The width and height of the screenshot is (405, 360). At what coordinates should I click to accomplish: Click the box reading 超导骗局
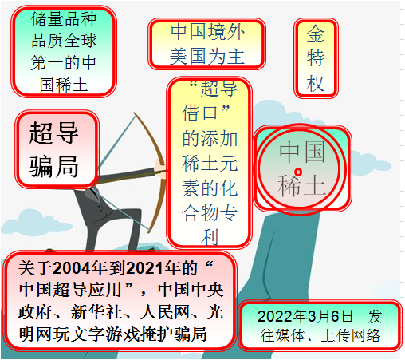point(57,149)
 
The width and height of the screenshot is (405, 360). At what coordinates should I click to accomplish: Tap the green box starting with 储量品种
point(64,51)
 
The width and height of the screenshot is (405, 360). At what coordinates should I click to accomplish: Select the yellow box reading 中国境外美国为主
point(206,44)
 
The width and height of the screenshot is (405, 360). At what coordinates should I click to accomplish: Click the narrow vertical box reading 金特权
point(316,58)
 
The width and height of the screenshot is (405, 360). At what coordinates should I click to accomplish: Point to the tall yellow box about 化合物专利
point(210,162)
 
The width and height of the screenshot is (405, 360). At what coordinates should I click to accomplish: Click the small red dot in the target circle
point(298,172)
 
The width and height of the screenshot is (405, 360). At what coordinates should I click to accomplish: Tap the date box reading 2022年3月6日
point(320,326)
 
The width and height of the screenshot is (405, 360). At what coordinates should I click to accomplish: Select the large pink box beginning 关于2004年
point(120,300)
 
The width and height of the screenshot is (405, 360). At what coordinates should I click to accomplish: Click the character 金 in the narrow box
point(316,34)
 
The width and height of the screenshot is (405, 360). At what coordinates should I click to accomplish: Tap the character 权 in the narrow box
point(316,83)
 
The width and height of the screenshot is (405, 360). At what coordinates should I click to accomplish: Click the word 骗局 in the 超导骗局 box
point(54,167)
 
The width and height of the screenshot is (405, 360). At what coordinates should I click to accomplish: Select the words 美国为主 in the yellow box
point(206,57)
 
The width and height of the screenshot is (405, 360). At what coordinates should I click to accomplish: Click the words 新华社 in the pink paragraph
point(96,312)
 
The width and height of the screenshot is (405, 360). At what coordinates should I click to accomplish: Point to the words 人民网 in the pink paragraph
point(165,312)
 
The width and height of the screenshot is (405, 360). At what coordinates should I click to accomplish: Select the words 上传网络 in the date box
point(351,336)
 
